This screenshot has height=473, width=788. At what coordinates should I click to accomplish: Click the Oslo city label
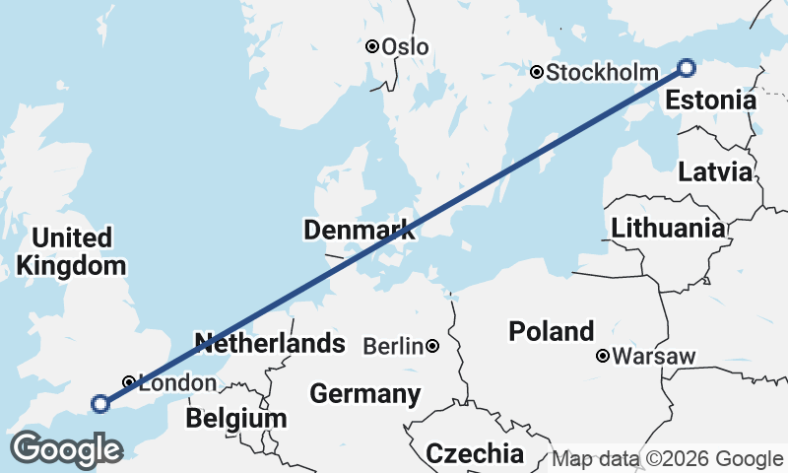tap(408, 46)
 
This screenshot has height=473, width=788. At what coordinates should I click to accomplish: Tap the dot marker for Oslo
tap(372, 46)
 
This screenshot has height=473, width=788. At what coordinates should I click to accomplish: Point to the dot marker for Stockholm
tap(536, 72)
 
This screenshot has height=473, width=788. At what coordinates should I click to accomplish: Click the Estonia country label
tap(710, 101)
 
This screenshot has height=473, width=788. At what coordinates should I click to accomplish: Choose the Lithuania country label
tap(668, 229)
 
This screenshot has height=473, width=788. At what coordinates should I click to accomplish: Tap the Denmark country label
tap(359, 231)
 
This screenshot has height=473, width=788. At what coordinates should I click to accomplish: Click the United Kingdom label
tap(71, 251)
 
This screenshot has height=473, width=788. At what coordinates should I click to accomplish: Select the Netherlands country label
tap(270, 344)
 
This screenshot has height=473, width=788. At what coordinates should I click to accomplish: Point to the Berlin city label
tap(394, 347)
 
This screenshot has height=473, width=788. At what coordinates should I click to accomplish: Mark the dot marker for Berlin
tap(432, 347)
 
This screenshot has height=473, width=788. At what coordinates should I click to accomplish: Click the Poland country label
tap(552, 332)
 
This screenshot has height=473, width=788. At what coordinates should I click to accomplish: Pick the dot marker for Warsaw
tap(602, 356)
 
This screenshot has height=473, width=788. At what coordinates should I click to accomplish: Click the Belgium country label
tap(236, 419)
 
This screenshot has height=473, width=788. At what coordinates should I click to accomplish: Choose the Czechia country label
tap(475, 453)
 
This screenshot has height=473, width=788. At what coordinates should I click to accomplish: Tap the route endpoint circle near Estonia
tap(687, 68)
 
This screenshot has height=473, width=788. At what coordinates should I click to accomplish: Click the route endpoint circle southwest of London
tap(99, 403)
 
